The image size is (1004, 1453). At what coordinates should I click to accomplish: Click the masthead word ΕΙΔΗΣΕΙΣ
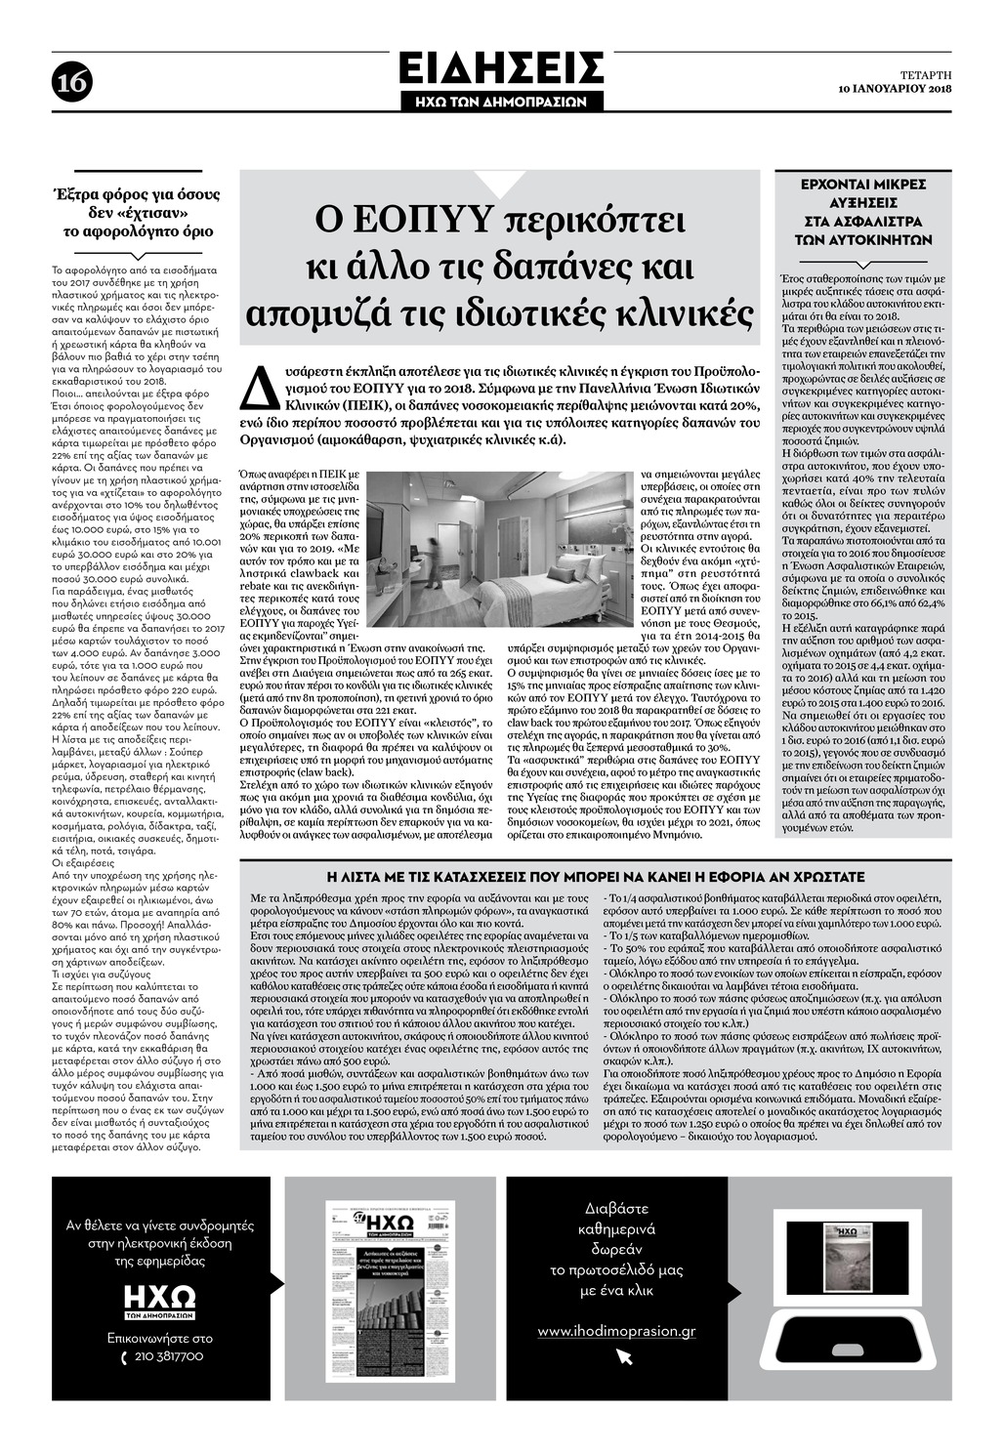click(501, 69)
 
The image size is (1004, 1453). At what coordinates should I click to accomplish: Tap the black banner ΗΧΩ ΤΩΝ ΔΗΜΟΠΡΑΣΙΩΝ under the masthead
click(501, 101)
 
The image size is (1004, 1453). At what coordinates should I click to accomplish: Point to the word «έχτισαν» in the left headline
click(147, 212)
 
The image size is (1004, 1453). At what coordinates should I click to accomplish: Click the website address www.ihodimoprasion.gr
click(616, 1331)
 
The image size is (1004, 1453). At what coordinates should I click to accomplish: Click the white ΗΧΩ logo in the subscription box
click(160, 1298)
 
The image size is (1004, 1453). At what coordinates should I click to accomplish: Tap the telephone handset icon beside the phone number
click(123, 1357)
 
